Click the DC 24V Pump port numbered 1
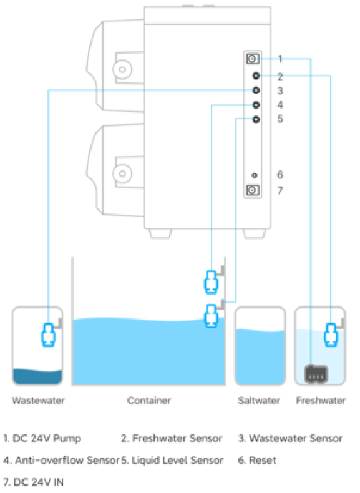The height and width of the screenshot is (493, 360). pyautogui.click(x=253, y=59)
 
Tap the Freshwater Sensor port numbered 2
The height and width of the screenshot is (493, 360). pyautogui.click(x=256, y=76)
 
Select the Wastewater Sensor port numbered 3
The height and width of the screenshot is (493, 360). pyautogui.click(x=256, y=90)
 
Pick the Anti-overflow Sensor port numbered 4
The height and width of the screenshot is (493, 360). pyautogui.click(x=256, y=105)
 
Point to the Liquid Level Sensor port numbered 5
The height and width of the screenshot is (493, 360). pyautogui.click(x=256, y=119)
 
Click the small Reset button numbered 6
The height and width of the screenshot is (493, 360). pyautogui.click(x=255, y=175)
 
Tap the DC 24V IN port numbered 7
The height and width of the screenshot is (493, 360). pyautogui.click(x=253, y=190)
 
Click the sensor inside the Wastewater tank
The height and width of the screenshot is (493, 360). pyautogui.click(x=49, y=335)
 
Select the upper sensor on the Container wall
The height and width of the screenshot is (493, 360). pyautogui.click(x=211, y=281)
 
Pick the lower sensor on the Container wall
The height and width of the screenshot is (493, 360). pyautogui.click(x=211, y=316)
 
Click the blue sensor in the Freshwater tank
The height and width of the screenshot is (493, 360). pyautogui.click(x=331, y=335)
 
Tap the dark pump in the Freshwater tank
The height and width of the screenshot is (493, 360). pyautogui.click(x=316, y=374)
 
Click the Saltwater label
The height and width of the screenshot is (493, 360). pyautogui.click(x=259, y=401)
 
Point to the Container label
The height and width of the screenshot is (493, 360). pyautogui.click(x=149, y=401)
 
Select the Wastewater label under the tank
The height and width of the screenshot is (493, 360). pyautogui.click(x=38, y=401)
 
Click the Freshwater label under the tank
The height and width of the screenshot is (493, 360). pyautogui.click(x=321, y=401)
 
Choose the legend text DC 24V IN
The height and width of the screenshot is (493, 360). pyautogui.click(x=38, y=482)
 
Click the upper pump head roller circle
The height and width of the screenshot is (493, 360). pyautogui.click(x=122, y=69)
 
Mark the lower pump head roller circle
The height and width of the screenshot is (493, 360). pyautogui.click(x=122, y=173)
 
